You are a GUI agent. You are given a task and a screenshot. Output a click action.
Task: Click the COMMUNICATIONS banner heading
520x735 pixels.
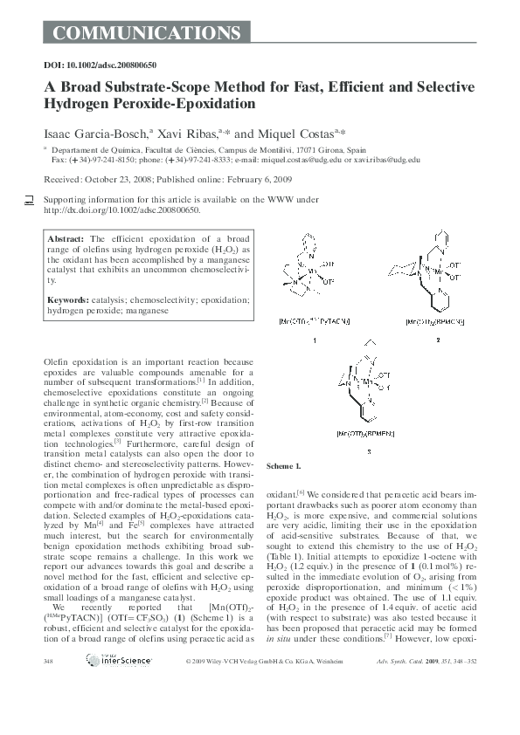pyautogui.click(x=141, y=34)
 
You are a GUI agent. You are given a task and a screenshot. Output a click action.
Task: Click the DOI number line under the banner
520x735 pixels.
pyautogui.click(x=100, y=65)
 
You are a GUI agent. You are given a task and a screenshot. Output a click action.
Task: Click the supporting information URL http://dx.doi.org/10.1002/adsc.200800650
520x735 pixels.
pyautogui.click(x=121, y=210)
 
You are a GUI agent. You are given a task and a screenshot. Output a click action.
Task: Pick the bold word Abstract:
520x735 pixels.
pyautogui.click(x=66, y=238)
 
